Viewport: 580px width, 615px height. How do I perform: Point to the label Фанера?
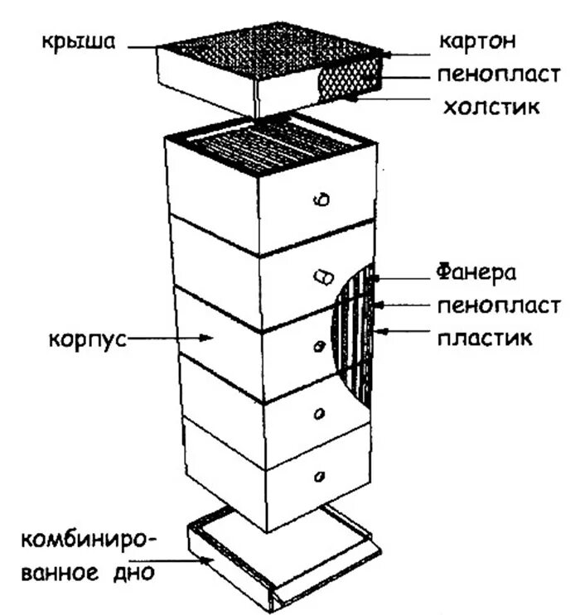tap(476, 272)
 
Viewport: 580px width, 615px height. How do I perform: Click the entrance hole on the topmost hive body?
tap(324, 199)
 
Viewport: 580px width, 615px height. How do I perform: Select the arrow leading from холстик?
tap(389, 98)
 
